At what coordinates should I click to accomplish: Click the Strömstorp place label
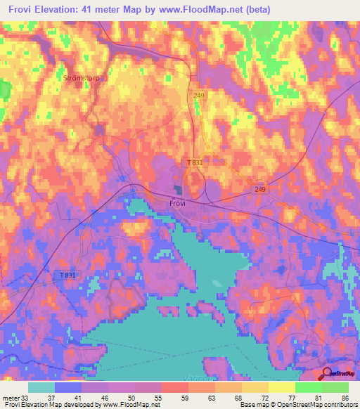[x=83, y=79]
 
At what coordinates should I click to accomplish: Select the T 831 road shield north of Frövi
[x=195, y=162]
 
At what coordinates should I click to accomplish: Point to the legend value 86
[x=345, y=397]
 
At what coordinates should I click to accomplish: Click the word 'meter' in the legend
[x=11, y=397]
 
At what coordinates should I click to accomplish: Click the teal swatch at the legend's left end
[x=41, y=387]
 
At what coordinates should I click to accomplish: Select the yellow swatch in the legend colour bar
[x=281, y=387]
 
